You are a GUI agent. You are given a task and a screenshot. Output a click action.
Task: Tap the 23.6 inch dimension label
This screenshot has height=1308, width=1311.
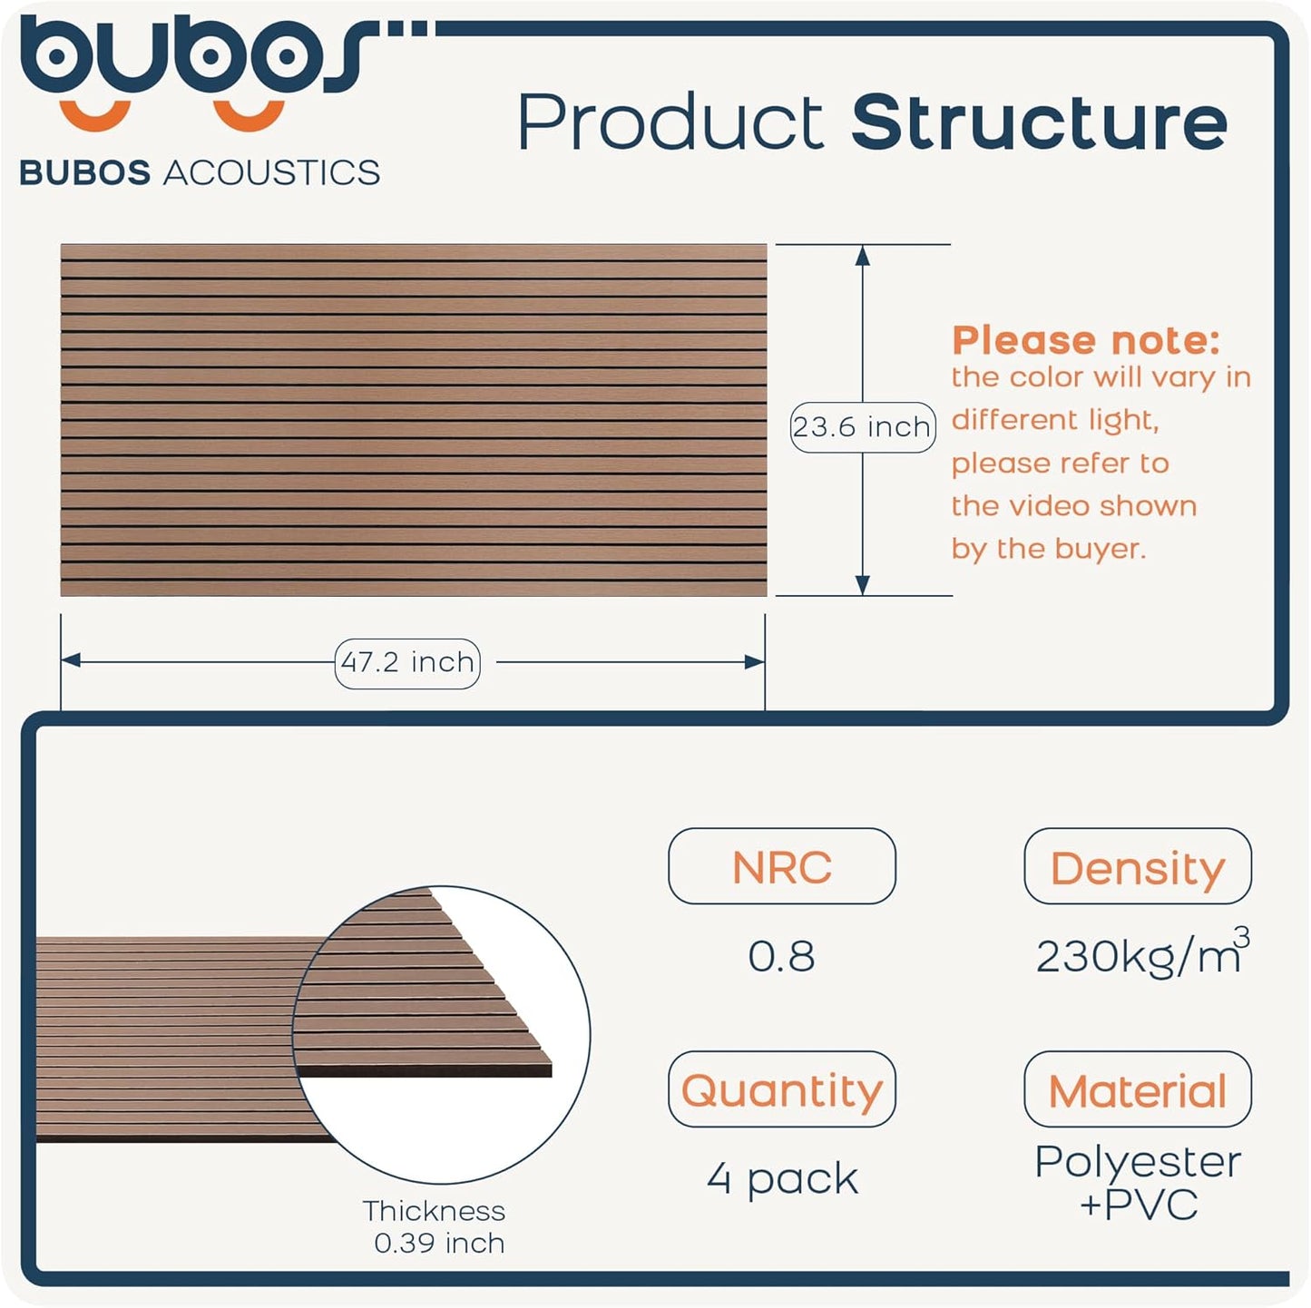click(x=862, y=426)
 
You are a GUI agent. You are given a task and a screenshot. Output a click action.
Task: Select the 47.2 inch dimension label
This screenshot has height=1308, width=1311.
click(x=407, y=663)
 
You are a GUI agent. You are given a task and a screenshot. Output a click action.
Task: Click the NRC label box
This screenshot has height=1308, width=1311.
click(x=781, y=866)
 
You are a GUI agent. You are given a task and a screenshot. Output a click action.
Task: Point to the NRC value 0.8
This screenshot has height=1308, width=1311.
click(x=781, y=956)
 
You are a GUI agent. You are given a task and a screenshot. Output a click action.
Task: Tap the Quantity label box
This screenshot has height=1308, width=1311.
click(x=781, y=1089)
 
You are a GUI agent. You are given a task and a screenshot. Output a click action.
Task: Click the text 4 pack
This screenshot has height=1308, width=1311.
click(x=782, y=1178)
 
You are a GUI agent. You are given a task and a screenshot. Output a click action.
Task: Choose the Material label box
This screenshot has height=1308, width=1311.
click(x=1138, y=1089)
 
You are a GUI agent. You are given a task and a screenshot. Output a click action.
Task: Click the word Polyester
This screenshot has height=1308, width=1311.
click(x=1138, y=1161)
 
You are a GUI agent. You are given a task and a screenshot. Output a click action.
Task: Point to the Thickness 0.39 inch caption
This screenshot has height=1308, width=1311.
click(x=435, y=1226)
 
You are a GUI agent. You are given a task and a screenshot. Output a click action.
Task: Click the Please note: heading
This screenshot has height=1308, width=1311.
click(x=1085, y=340)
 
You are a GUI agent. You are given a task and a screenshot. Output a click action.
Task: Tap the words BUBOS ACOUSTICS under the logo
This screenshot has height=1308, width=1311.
click(x=200, y=172)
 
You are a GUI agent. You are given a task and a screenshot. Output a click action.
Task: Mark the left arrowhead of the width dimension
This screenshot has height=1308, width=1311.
click(x=71, y=661)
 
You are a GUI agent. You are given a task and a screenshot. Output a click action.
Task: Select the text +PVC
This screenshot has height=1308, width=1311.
click(x=1139, y=1205)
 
